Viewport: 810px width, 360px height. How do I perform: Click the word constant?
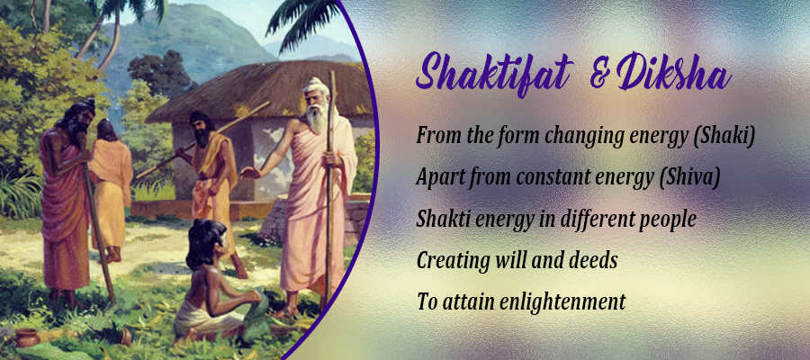click(551, 178)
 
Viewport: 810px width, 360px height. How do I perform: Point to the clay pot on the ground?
click(27, 337)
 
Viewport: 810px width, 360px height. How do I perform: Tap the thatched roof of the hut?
click(258, 92)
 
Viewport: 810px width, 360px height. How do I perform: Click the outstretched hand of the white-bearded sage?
click(250, 173)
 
